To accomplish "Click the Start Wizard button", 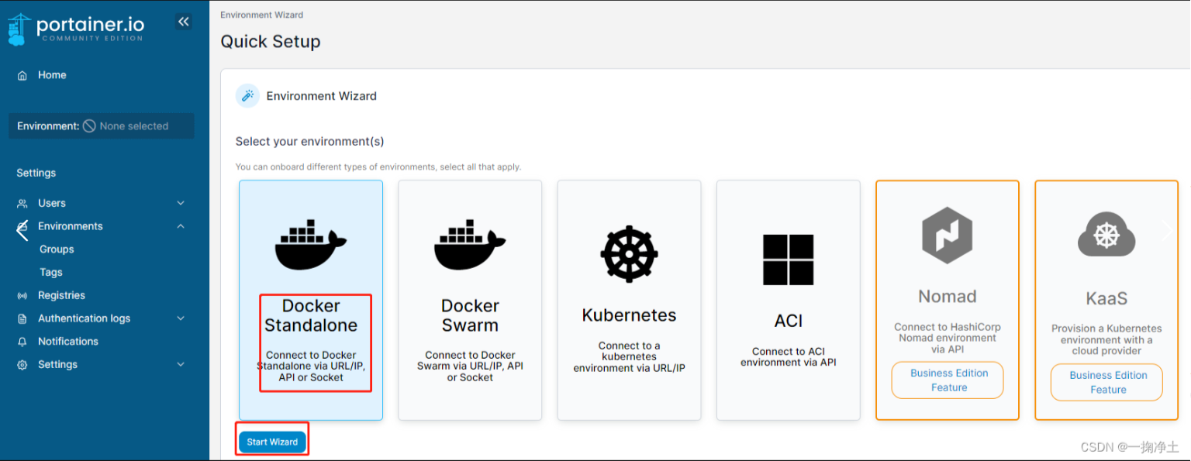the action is click(272, 442).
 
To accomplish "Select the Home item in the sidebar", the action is click(52, 75).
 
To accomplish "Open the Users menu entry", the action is click(52, 203).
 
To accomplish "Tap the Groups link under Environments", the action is click(57, 249).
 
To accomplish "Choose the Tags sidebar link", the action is click(51, 273).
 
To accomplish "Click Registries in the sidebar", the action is click(61, 295).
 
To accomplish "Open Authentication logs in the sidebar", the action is click(84, 318).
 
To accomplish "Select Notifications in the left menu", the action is click(68, 342).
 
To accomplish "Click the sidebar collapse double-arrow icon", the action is click(184, 22).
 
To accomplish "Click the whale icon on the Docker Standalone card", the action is click(310, 245).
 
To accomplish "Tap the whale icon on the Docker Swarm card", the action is click(470, 245).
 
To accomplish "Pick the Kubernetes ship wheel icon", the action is click(629, 254).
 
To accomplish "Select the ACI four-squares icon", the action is click(788, 260).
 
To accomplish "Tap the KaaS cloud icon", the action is click(1106, 235).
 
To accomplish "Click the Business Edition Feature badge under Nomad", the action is click(948, 380).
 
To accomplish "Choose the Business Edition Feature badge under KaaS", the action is click(1106, 383).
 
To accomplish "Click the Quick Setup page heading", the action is click(271, 42).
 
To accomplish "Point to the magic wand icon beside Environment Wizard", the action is click(248, 96).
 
